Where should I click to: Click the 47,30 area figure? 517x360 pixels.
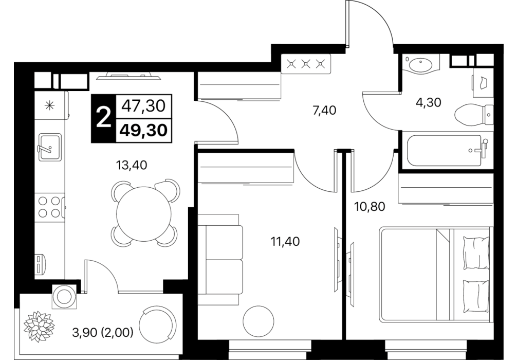tap(143, 106)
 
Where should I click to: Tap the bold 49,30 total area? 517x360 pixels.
tap(143, 131)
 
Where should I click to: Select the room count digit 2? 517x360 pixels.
tap(103, 118)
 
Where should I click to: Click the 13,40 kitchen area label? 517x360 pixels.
tap(132, 165)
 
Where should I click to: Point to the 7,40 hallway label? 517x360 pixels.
tap(324, 110)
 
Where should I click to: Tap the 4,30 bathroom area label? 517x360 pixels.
tap(429, 102)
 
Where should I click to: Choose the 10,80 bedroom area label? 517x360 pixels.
tap(370, 207)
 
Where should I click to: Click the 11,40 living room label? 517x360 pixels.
tap(285, 242)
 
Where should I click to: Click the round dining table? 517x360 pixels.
tap(144, 214)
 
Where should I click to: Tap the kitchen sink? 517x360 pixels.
tap(50, 147)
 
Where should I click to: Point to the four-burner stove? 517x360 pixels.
tap(49, 207)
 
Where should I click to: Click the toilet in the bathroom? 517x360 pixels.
tap(474, 115)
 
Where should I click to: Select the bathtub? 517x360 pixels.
tap(446, 151)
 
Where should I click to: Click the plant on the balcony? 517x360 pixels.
tap(39, 326)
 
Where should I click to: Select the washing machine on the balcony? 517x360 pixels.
tap(64, 296)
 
